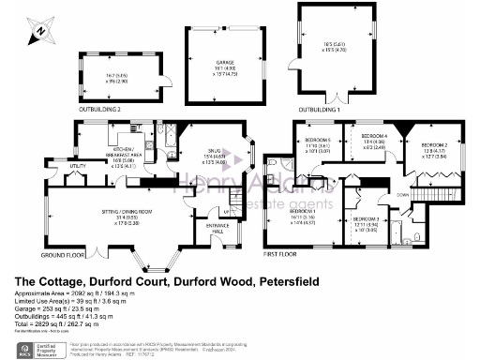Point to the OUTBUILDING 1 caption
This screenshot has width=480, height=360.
(321, 110)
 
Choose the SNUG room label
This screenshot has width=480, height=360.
(215, 149)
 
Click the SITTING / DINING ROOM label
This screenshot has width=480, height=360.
(127, 211)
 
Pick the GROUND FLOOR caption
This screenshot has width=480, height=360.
(62, 254)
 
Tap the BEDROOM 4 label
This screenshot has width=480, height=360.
(374, 136)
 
